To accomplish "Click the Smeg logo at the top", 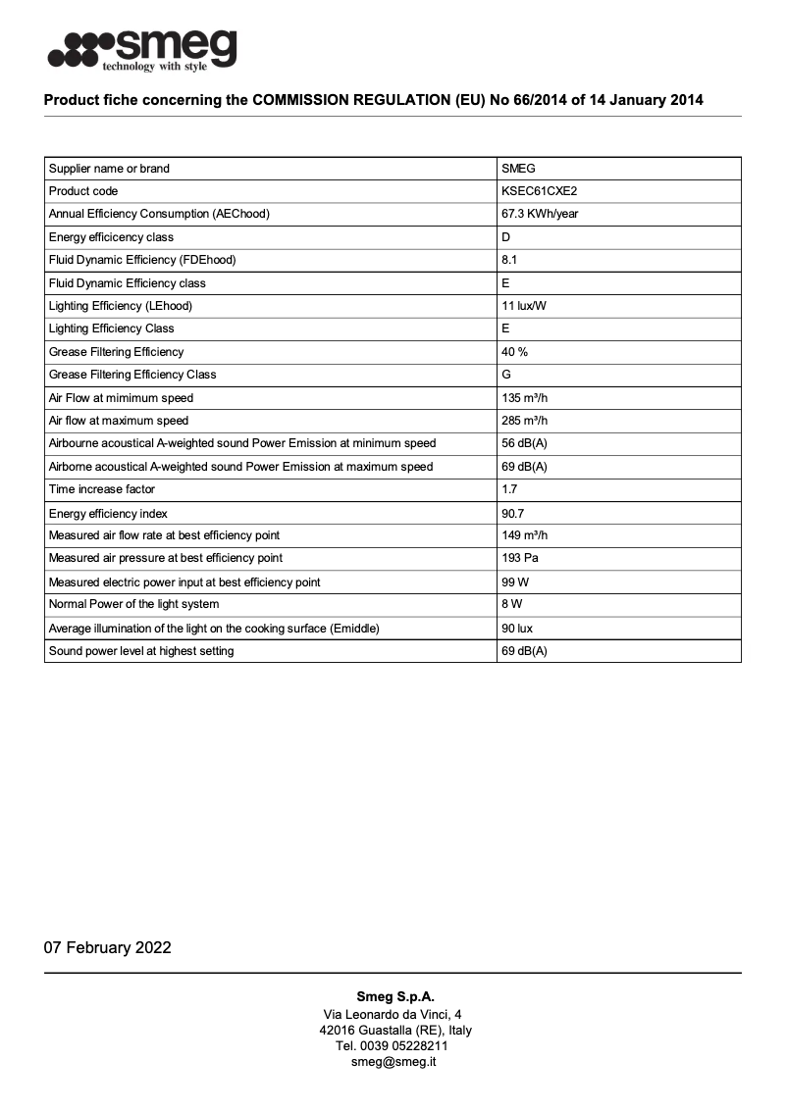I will click(x=142, y=49).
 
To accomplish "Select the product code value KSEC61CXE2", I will click(x=546, y=191).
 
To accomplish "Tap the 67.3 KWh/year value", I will click(x=540, y=214).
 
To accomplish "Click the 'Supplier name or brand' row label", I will click(x=109, y=169).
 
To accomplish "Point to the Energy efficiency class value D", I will click(x=506, y=237).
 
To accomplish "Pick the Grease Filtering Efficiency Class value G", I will click(x=506, y=375).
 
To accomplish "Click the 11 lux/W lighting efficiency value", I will click(x=524, y=306).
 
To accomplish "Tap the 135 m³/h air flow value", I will click(x=525, y=398).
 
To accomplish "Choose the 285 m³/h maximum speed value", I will click(x=525, y=421).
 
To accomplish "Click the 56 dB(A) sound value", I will click(x=524, y=443).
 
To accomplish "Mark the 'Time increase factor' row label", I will click(x=102, y=489).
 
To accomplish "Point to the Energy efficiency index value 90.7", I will click(x=513, y=514).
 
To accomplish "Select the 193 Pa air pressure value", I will click(x=520, y=558).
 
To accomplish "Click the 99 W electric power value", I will click(x=515, y=582).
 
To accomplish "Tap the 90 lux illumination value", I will click(x=517, y=629).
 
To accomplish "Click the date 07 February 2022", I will click(x=108, y=947).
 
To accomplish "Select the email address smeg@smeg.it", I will click(x=393, y=1062).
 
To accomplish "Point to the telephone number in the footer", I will click(x=393, y=1046).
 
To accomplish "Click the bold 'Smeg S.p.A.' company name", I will click(x=393, y=996).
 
